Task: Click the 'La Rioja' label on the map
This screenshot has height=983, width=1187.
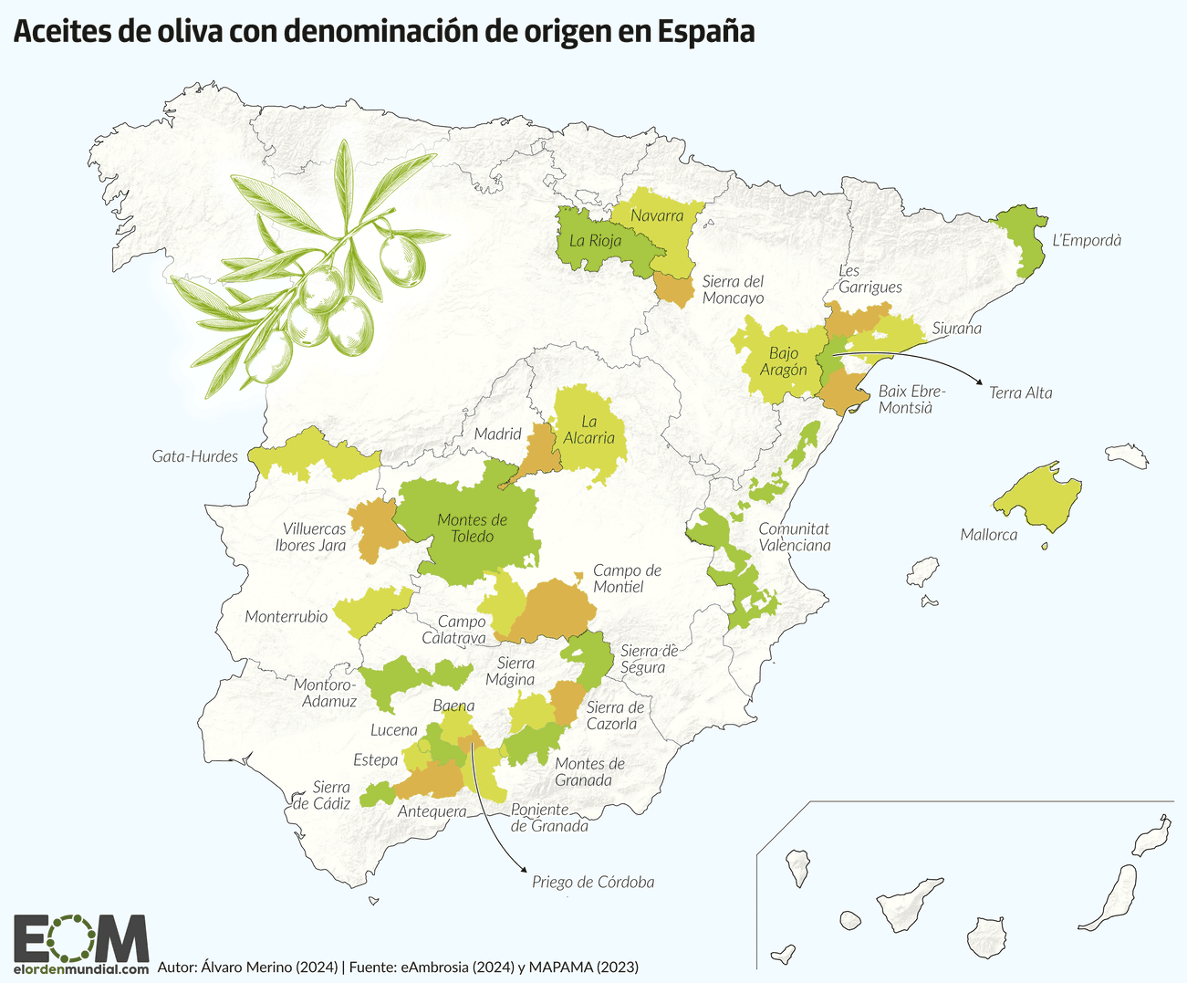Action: point(595,241)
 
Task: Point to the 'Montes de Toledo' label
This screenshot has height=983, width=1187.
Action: point(472,528)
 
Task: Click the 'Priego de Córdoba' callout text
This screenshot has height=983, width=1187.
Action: point(593,882)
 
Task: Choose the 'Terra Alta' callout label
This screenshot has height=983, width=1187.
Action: point(1020,392)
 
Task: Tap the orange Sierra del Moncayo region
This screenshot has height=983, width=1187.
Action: point(675,289)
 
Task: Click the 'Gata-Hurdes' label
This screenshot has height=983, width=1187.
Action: point(194,456)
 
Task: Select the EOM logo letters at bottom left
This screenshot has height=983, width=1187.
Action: point(80,938)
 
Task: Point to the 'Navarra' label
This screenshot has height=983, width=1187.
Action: point(657,216)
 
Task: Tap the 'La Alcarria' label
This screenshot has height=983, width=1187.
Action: point(588,430)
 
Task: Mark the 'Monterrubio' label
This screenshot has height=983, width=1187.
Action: point(286,617)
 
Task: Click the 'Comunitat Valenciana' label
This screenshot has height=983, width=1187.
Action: point(794,537)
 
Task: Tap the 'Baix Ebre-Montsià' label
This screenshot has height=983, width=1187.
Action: point(911,399)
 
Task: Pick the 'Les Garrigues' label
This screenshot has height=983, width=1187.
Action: point(869,279)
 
